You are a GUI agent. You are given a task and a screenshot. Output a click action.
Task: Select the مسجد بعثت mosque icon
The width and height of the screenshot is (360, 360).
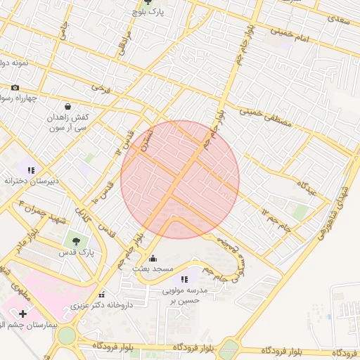coord(153,259)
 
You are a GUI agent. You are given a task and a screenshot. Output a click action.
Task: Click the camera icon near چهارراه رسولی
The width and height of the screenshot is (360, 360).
coord(15,88)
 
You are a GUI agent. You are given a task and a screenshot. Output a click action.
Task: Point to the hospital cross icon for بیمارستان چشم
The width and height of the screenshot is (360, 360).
coord(22,313)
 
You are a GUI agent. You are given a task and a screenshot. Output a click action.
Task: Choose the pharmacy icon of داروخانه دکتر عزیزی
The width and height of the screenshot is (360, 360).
coord(103,295)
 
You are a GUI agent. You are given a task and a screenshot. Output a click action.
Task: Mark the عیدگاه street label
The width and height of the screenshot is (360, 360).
coord(309,187)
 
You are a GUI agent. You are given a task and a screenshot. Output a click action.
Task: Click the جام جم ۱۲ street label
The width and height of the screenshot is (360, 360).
coord(276,219)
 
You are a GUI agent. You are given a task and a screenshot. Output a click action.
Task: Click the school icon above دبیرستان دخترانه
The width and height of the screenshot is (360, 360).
coord(30,169)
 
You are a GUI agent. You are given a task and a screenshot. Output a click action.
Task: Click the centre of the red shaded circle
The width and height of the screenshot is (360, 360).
coord(180,179)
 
